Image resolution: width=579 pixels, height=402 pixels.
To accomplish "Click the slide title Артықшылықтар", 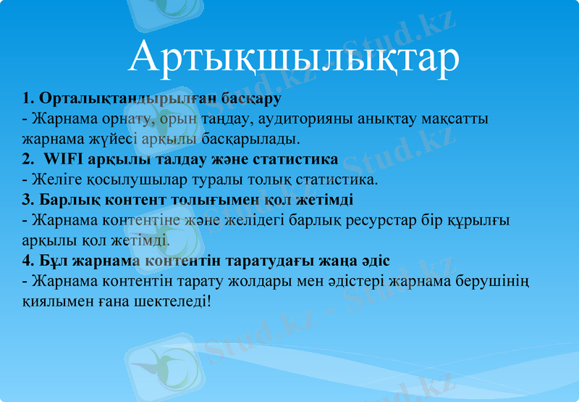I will (293, 58).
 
